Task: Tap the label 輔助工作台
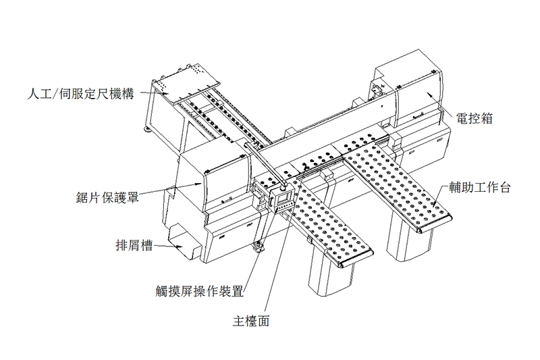[x=480, y=187]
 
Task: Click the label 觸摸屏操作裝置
[x=199, y=292]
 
